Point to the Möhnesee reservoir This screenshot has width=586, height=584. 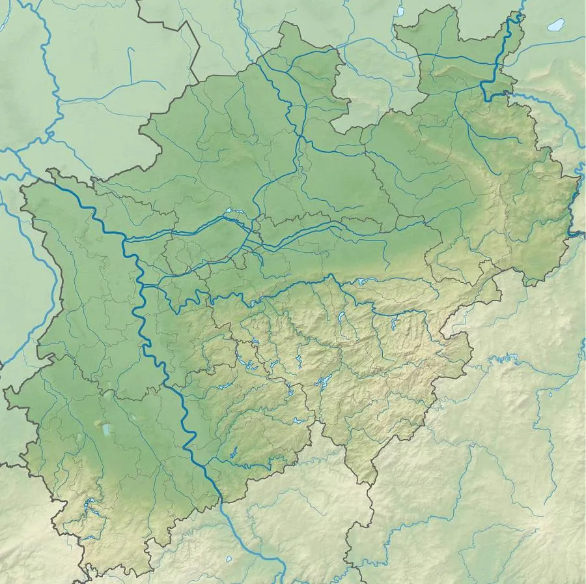pos(362,282)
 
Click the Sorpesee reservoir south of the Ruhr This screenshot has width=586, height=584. pos(341,319)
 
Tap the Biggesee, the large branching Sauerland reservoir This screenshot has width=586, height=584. pos(321,383)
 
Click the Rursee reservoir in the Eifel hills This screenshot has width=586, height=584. pos(89,504)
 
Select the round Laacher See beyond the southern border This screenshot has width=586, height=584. pos(229,559)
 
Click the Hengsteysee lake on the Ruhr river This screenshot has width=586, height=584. pos(253,302)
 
